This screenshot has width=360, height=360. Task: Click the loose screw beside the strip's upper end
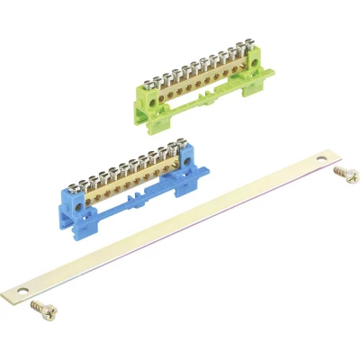(343, 171)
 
